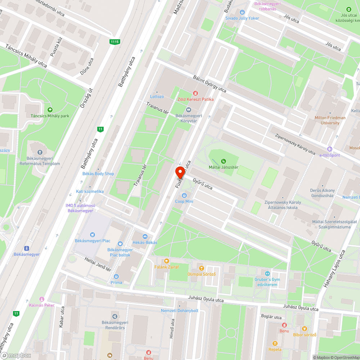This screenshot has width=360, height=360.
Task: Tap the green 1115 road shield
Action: pyautogui.click(x=114, y=42)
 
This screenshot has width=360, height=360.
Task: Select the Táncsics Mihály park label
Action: pyautogui.click(x=50, y=116)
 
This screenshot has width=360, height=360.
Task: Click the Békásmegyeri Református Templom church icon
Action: pyautogui.click(x=40, y=152)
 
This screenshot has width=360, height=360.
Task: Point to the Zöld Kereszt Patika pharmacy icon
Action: pyautogui.click(x=195, y=93)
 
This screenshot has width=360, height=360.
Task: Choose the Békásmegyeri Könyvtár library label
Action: pyautogui.click(x=188, y=118)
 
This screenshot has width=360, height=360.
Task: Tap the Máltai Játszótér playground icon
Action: pyautogui.click(x=224, y=161)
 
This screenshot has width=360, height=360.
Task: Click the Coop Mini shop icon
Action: pyautogui.click(x=184, y=195)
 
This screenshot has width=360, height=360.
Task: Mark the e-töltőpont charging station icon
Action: pyautogui.click(x=329, y=149)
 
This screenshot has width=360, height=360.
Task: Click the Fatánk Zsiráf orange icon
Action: pyautogui.click(x=166, y=261)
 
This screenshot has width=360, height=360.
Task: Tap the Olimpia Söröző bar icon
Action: pyautogui.click(x=201, y=268)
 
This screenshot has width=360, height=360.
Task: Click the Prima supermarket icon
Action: pyautogui.click(x=116, y=276)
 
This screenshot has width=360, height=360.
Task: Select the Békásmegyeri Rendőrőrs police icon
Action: pyautogui.click(x=115, y=316)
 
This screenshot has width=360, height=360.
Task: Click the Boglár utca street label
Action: pyautogui.click(x=271, y=317)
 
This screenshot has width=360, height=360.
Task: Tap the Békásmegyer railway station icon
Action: pyautogui.click(x=26, y=248)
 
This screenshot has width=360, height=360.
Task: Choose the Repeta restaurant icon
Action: pyautogui.click(x=275, y=343)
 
